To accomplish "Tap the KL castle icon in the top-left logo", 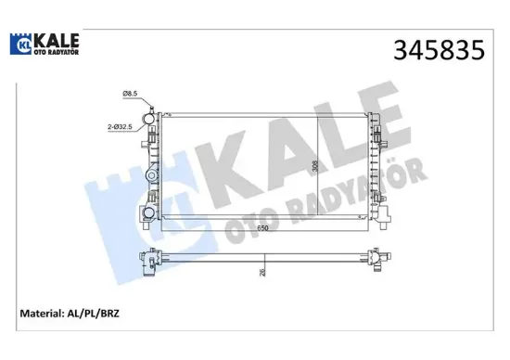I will pyautogui.click(x=21, y=43).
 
